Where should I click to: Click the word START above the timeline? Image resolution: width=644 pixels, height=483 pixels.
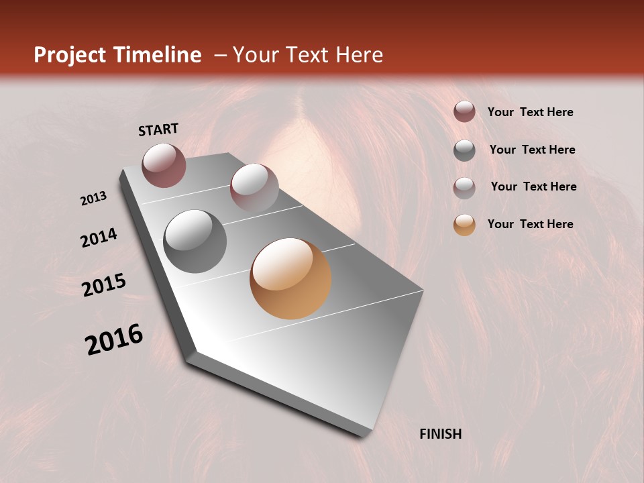click(158, 129)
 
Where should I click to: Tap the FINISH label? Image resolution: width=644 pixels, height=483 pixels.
click(441, 434)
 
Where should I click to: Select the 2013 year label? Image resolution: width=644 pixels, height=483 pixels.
click(94, 199)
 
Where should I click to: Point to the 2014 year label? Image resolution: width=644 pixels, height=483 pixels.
click(99, 237)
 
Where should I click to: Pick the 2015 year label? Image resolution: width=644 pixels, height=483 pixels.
click(104, 285)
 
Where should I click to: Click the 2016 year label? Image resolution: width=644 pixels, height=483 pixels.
click(115, 339)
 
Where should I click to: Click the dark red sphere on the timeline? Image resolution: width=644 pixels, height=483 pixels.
click(164, 165)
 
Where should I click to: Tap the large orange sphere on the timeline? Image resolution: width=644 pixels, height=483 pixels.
click(290, 278)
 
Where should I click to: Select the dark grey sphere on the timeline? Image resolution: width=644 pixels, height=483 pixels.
click(195, 241)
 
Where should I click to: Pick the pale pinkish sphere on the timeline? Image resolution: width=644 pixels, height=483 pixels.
click(254, 188)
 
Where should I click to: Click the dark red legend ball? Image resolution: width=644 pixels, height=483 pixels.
click(464, 112)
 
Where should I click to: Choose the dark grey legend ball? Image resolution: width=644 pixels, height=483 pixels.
click(464, 150)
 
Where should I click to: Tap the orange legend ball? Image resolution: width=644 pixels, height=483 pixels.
click(464, 225)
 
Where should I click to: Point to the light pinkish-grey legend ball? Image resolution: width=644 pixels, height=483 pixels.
click(464, 187)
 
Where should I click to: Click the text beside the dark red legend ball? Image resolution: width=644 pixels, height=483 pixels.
click(531, 112)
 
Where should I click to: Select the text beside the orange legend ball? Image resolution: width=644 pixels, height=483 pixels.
click(531, 224)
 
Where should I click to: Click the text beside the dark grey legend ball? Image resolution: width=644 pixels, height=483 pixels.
click(533, 150)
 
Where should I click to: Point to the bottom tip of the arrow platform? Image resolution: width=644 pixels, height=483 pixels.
click(363, 435)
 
